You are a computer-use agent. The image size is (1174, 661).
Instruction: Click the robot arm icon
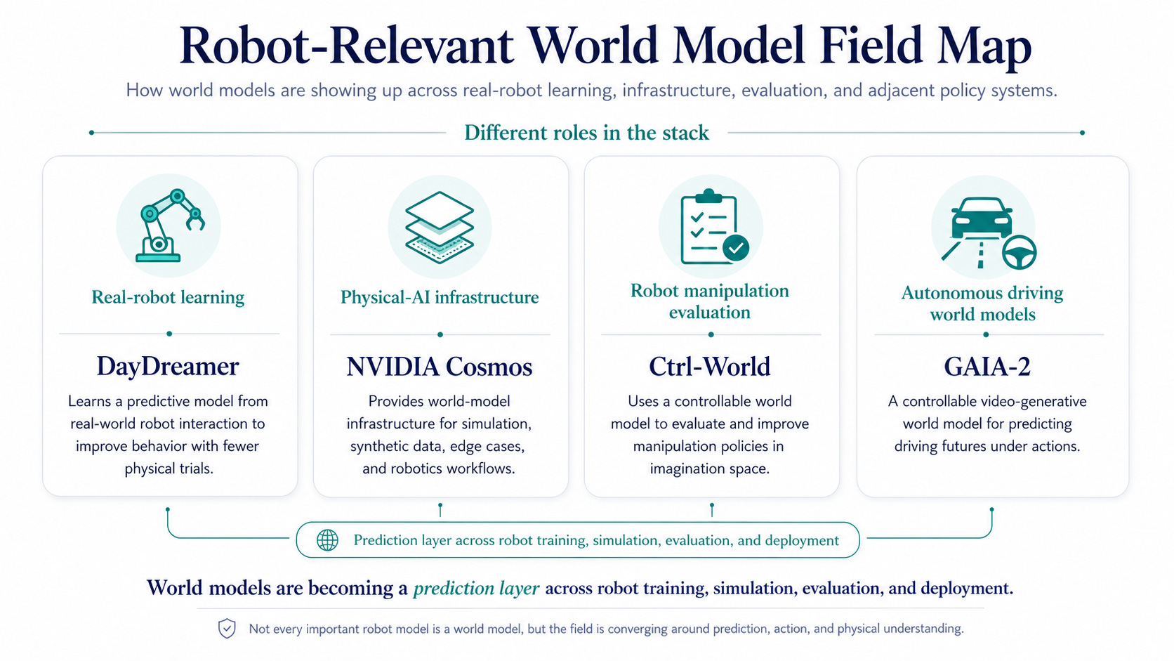coord(169,225)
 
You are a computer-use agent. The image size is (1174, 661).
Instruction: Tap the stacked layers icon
coord(440,227)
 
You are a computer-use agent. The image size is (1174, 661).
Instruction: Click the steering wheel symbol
coord(1019,252)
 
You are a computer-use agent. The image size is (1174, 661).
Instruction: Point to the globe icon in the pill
coord(328,540)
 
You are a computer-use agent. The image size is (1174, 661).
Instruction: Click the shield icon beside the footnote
coord(227,628)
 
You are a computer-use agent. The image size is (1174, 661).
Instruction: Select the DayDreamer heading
coord(168,366)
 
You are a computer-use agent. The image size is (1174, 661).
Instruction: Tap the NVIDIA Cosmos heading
coord(440,367)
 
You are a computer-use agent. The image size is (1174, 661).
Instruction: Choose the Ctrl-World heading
coord(710,367)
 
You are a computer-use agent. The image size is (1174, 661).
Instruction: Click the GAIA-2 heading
coord(987,367)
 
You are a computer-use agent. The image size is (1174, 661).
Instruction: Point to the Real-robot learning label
coord(168,297)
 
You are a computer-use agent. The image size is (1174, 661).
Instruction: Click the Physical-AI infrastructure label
coord(440,297)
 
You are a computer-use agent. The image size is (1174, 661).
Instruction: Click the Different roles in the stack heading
coord(586,133)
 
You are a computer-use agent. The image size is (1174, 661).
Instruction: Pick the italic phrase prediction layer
coord(476,588)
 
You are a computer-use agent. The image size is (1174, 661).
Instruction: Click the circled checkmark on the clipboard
coord(736,247)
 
